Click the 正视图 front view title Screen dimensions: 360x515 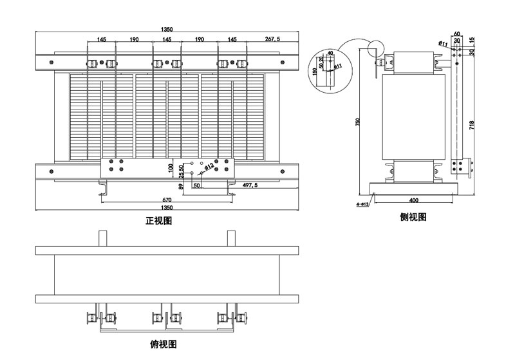pyautogui.click(x=158, y=221)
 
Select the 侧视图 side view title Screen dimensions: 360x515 pyautogui.click(x=413, y=217)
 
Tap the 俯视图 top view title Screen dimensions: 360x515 pyautogui.click(x=164, y=345)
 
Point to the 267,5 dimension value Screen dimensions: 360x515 pyautogui.click(x=272, y=39)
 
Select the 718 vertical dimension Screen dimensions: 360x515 pyautogui.click(x=472, y=124)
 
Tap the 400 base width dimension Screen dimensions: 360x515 pyautogui.click(x=413, y=200)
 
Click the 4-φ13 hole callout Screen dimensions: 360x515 pyautogui.click(x=362, y=204)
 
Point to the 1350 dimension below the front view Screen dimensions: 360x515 pyautogui.click(x=166, y=208)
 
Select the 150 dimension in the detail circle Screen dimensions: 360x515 pyautogui.click(x=315, y=71)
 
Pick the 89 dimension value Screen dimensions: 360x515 pyautogui.click(x=182, y=186)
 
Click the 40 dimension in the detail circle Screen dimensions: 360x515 pyautogui.click(x=330, y=53)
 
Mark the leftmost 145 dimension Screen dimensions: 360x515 pyautogui.click(x=102, y=39)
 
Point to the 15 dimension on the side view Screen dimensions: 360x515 pyautogui.click(x=472, y=40)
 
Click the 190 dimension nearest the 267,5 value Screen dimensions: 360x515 pyautogui.click(x=199, y=39)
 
